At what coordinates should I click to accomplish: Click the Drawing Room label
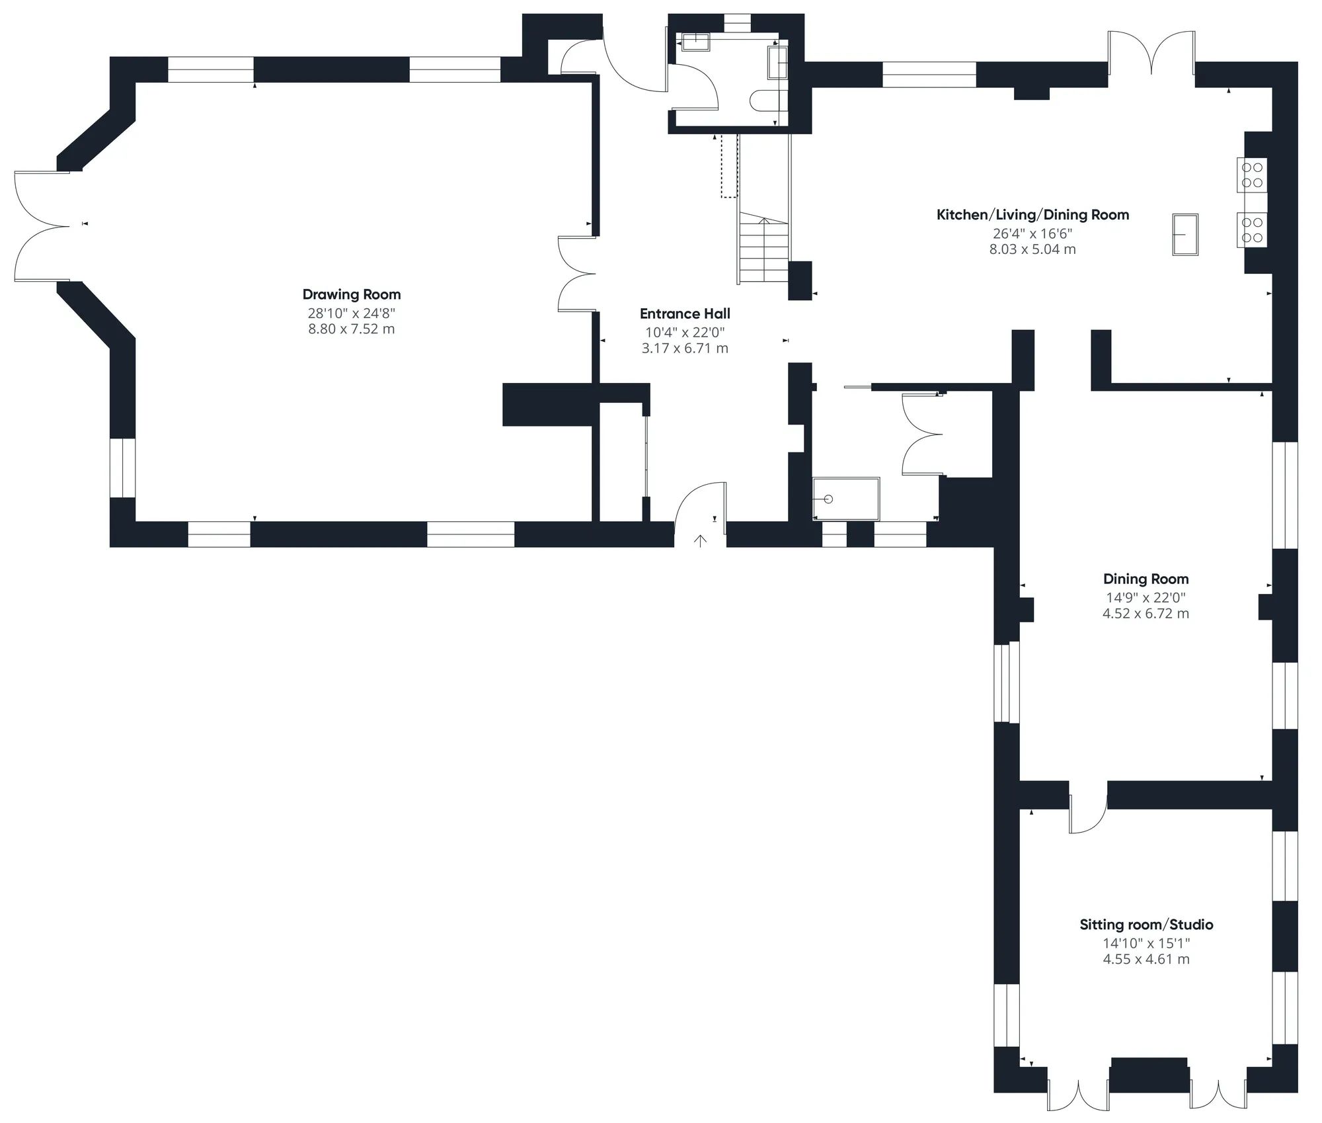point(352,294)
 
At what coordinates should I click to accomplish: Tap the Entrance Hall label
point(685,313)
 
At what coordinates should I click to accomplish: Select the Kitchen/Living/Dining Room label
point(1032,215)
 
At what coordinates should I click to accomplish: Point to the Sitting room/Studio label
point(1146,925)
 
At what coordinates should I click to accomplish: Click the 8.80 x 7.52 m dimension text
point(352,329)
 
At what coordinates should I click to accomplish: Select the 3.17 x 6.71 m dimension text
point(685,348)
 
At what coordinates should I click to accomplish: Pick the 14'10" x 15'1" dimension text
point(1146,943)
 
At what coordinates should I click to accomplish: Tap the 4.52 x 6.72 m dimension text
point(1146,613)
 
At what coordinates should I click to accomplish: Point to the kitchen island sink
point(1185,234)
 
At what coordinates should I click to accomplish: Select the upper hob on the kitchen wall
point(1252,175)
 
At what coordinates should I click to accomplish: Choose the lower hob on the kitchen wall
point(1252,229)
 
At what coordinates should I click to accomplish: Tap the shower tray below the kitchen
point(846,499)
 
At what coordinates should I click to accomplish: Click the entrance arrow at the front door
point(700,541)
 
